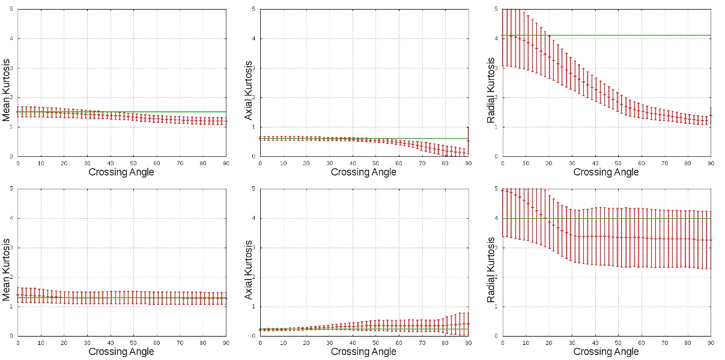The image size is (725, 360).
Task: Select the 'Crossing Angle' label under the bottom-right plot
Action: tap(606, 352)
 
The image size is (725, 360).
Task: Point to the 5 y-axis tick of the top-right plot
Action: tap(497, 9)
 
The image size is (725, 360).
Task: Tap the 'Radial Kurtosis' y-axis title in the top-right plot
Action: tap(491, 82)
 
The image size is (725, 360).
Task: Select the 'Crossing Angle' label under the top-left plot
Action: tap(121, 172)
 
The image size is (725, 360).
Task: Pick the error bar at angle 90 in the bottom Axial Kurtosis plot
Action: tap(468, 324)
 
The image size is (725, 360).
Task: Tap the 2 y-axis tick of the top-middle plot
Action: tap(254, 97)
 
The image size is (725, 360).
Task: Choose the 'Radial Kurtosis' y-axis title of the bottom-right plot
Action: tap(491, 262)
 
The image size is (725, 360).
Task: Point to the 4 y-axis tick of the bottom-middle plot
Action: tap(254, 218)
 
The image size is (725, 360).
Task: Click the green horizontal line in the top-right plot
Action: tap(661, 35)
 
